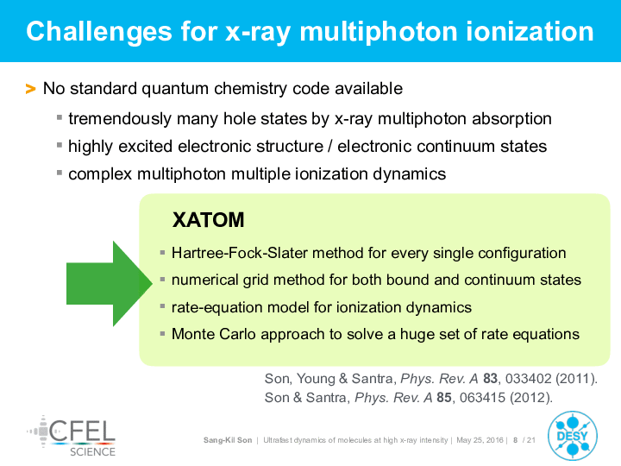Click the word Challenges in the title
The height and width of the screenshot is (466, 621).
click(x=99, y=33)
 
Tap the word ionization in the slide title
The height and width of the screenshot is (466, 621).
click(x=530, y=32)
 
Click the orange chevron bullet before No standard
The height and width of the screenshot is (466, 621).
click(x=30, y=89)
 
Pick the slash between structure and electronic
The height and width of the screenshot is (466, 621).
click(x=330, y=146)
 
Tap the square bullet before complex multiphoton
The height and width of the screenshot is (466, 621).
click(x=60, y=173)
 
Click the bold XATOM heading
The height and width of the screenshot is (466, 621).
click(x=209, y=220)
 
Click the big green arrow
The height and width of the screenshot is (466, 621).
click(x=110, y=283)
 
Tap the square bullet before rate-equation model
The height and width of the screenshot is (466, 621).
click(x=162, y=306)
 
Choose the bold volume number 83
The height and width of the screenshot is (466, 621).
click(x=490, y=379)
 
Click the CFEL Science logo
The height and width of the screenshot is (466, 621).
click(x=72, y=436)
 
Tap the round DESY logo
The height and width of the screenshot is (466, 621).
click(x=573, y=436)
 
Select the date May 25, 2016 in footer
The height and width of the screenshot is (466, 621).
click(x=480, y=440)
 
